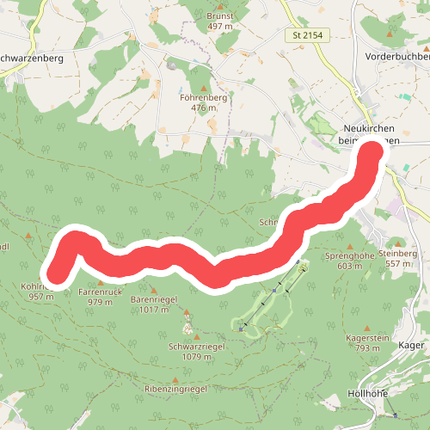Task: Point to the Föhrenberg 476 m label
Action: tap(203, 103)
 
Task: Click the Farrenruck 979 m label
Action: tap(95, 297)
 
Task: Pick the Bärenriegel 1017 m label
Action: tap(154, 304)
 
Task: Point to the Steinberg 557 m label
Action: tap(397, 258)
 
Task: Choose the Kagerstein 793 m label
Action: tap(362, 343)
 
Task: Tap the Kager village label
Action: tap(413, 345)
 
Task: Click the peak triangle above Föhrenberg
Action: tap(204, 88)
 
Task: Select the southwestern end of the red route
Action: tap(56, 273)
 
